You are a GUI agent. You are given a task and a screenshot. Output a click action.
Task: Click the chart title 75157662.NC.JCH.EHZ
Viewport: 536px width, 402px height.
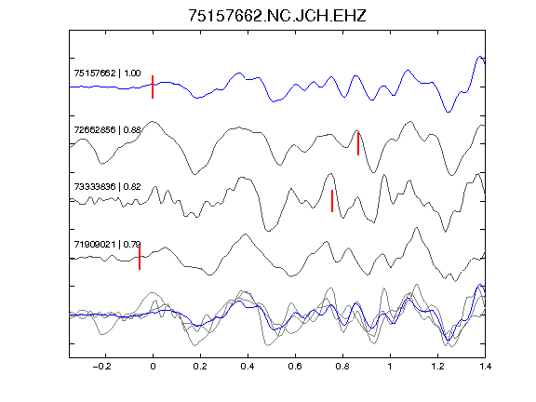pyautogui.click(x=277, y=16)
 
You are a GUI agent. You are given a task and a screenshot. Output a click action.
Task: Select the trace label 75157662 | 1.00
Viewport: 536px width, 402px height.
pyautogui.click(x=107, y=74)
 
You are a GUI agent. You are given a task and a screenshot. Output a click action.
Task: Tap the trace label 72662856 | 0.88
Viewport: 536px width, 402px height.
pyautogui.click(x=107, y=130)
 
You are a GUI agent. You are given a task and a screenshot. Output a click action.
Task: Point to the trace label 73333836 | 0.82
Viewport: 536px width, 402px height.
pyautogui.click(x=107, y=187)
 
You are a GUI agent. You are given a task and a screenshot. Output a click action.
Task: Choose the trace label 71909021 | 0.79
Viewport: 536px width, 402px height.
pyautogui.click(x=107, y=245)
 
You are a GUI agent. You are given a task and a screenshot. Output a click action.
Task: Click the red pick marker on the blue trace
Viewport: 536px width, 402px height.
pyautogui.click(x=153, y=87)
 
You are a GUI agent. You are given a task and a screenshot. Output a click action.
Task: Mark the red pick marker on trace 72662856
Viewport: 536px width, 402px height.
pyautogui.click(x=358, y=143)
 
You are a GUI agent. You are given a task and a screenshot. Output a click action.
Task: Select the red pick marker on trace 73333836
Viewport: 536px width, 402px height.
pyautogui.click(x=332, y=201)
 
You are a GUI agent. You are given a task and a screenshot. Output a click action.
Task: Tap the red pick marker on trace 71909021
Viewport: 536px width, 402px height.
pyautogui.click(x=140, y=258)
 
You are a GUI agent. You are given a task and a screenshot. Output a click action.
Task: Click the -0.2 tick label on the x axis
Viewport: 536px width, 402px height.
pyautogui.click(x=101, y=367)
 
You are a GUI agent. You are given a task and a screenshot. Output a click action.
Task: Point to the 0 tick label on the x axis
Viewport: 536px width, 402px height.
pyautogui.click(x=153, y=367)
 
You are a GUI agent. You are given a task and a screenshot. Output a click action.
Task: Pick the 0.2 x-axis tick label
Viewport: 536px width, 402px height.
pyautogui.click(x=200, y=367)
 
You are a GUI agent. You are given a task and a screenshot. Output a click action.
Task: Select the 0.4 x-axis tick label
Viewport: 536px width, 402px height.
pyautogui.click(x=248, y=367)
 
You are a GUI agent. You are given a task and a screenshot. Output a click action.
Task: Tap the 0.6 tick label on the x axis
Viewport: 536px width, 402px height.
pyautogui.click(x=295, y=367)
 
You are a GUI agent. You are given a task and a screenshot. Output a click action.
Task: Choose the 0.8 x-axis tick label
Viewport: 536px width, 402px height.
pyautogui.click(x=342, y=367)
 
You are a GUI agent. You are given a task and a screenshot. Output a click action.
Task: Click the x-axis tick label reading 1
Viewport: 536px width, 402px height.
pyautogui.click(x=390, y=367)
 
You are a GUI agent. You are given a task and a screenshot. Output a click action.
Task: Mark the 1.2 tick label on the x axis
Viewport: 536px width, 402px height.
pyautogui.click(x=437, y=367)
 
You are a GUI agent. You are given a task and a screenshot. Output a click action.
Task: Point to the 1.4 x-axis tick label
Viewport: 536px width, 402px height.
pyautogui.click(x=485, y=367)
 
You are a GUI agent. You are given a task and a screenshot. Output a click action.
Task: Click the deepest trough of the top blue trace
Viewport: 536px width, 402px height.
pyautogui.click(x=449, y=112)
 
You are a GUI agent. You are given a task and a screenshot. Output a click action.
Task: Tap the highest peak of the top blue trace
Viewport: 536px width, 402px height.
pyautogui.click(x=480, y=57)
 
